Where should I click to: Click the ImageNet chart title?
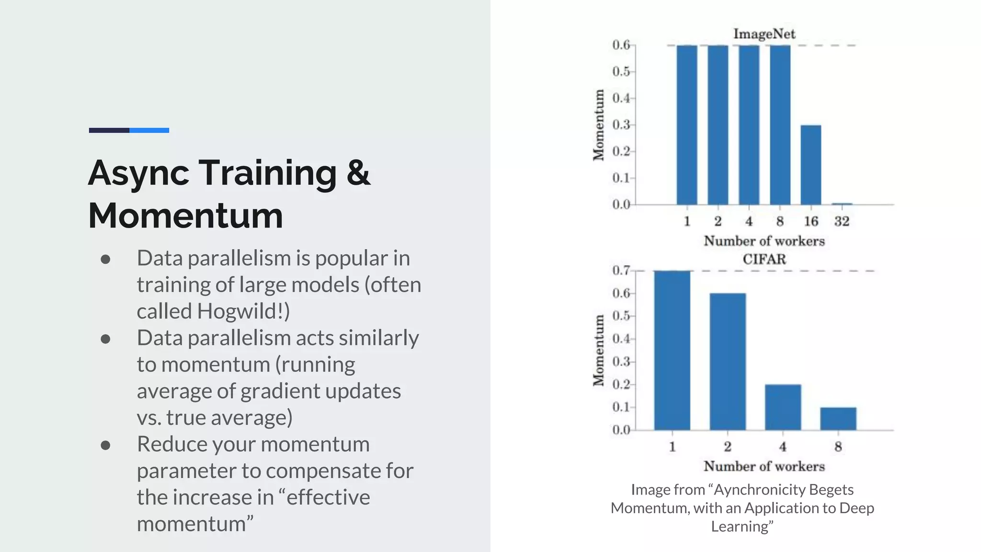coord(764,34)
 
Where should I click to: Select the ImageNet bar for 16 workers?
coord(811,165)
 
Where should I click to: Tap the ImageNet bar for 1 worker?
coord(687,125)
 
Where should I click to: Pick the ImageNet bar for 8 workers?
coord(780,125)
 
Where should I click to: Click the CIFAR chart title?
coord(764,259)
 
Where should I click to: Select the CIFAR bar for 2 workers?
coord(728,361)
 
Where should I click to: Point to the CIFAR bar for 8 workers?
coord(838,418)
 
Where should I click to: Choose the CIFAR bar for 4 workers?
coord(783,407)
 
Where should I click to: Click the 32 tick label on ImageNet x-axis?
coord(842,221)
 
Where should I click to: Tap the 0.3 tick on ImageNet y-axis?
coord(621,125)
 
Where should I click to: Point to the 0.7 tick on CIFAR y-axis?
coord(621,271)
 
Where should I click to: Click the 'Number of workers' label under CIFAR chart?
coord(764,466)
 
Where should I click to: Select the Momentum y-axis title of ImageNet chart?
coord(598,125)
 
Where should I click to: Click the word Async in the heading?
coord(139,173)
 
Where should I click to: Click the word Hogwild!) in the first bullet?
coord(243,311)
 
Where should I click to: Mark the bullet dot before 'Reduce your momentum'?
coord(106,445)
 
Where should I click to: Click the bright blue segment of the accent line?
coord(149,130)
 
